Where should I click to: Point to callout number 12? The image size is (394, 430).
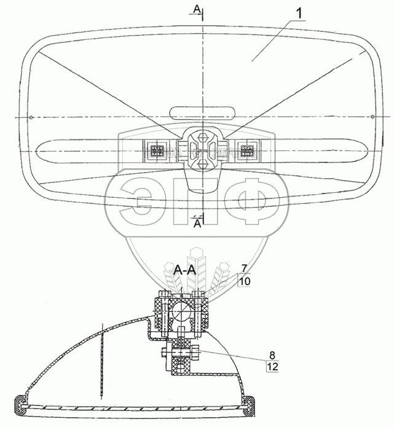[x=271, y=367]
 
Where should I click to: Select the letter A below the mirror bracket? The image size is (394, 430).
[x=197, y=224]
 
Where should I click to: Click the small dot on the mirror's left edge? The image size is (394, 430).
[x=20, y=117]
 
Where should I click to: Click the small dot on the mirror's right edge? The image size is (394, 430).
[x=374, y=117]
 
